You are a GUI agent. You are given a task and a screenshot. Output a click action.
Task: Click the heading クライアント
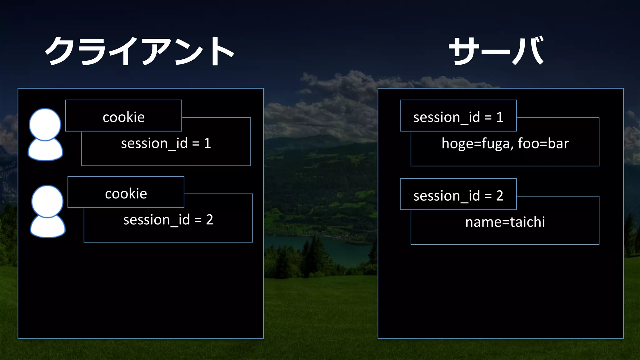click(139, 51)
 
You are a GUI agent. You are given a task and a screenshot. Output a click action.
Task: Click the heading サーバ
click(496, 51)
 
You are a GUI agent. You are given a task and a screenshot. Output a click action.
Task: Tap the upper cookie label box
click(123, 116)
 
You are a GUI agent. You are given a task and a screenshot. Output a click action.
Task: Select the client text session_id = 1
click(166, 143)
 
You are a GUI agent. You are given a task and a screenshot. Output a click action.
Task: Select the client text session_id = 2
click(168, 220)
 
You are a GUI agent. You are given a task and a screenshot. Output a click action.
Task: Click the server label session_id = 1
click(458, 117)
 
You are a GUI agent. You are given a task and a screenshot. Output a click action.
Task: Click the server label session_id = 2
click(458, 196)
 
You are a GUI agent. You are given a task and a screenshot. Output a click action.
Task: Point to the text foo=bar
click(543, 144)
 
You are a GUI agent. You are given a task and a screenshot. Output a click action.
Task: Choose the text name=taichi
click(505, 222)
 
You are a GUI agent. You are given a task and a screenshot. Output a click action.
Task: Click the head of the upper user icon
click(45, 124)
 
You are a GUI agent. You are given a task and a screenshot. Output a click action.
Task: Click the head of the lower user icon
click(47, 201)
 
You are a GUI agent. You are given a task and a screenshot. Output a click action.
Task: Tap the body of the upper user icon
click(45, 151)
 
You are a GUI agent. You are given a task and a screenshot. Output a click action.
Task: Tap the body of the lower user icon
click(47, 227)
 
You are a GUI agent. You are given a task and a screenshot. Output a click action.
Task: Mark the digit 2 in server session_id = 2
click(499, 196)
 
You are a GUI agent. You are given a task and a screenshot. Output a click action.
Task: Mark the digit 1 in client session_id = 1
click(207, 143)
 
